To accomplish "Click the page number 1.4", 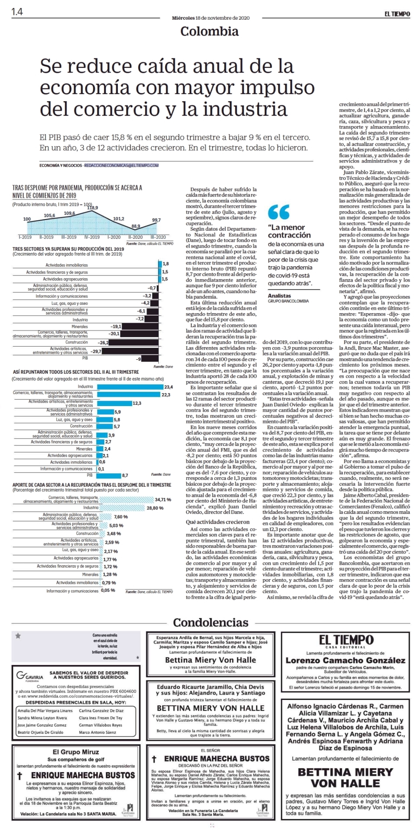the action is [x=17, y=12].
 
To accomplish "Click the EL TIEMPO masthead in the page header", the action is [x=397, y=14].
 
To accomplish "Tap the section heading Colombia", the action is [x=209, y=31].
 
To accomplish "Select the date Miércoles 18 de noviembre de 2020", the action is [x=211, y=18].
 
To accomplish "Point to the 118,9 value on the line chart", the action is [x=92, y=207].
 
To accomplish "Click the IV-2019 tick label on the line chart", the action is [x=92, y=237].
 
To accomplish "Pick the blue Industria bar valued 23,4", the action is [x=130, y=387].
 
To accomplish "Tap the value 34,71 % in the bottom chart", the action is [x=163, y=500].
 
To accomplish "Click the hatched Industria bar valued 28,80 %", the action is [x=122, y=508].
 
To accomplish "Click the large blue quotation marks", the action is [x=279, y=212].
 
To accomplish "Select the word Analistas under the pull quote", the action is [x=279, y=296].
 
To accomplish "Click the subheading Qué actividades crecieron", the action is [x=218, y=522].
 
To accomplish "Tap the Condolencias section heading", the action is [x=211, y=622].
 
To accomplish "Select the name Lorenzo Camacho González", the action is [x=345, y=660].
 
